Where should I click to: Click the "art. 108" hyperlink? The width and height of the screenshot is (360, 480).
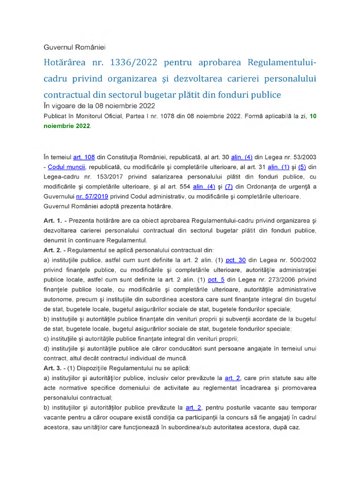pos(84,157)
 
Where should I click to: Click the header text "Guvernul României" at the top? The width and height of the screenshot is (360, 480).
pos(75,48)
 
